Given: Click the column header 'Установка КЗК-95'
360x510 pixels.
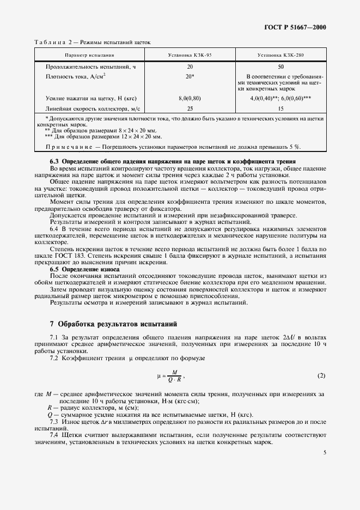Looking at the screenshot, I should (190, 56).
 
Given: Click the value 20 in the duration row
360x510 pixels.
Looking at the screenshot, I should (190, 66).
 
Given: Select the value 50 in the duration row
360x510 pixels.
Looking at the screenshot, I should (280, 66).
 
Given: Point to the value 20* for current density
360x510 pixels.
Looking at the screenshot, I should (190, 76).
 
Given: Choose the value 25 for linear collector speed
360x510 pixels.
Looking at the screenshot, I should (190, 108).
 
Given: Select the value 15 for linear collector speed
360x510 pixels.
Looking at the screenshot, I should (280, 108).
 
